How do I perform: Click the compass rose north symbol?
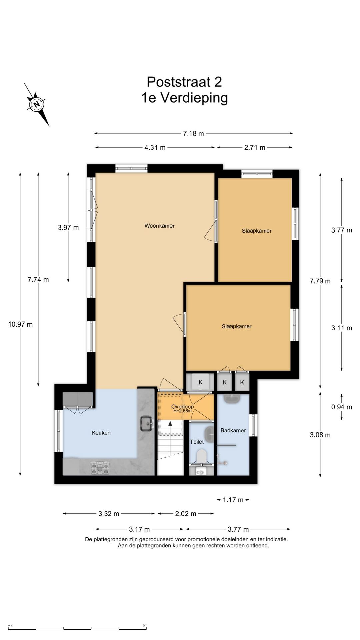37,104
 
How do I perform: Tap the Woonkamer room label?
159,226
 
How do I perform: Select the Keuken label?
101,433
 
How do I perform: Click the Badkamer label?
233,430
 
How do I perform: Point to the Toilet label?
197,442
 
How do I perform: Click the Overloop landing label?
182,406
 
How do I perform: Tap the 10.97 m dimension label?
20,324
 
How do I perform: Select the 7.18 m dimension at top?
193,133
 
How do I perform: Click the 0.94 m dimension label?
342,407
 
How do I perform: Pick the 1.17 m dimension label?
233,500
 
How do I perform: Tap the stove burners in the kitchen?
100,468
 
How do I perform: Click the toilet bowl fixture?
201,456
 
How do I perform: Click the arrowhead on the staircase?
170,423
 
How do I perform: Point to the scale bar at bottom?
77,629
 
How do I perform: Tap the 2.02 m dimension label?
186,514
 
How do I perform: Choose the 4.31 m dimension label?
155,147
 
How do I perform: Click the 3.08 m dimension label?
320,435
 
